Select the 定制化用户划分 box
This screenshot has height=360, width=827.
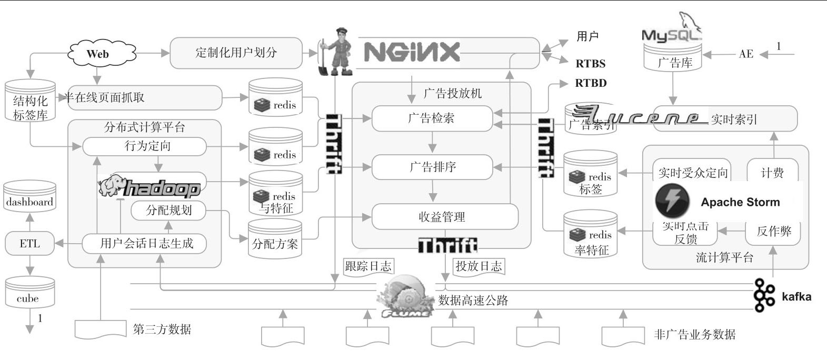[x=236, y=53]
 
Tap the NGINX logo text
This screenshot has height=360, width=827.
[x=412, y=52]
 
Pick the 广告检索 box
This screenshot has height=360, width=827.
[x=432, y=118]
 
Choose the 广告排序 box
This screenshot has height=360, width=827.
[x=432, y=167]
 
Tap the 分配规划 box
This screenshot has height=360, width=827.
[x=168, y=210]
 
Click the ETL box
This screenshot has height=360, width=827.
[x=29, y=244]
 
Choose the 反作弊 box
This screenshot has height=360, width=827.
[x=773, y=232]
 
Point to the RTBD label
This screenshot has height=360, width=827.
[x=591, y=83]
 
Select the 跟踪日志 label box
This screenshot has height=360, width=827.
[x=368, y=266]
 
